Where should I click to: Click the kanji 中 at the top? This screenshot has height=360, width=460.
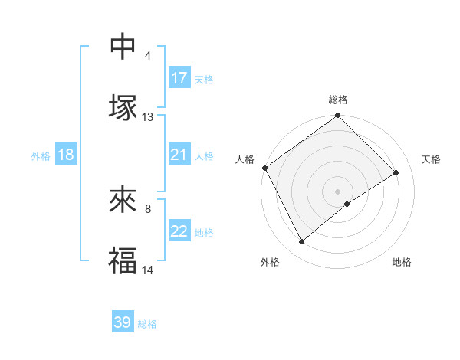click(x=123, y=47)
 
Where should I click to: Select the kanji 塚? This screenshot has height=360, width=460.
click(x=123, y=106)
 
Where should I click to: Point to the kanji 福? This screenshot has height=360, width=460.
click(x=123, y=260)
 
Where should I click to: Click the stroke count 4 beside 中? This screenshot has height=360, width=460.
click(x=147, y=56)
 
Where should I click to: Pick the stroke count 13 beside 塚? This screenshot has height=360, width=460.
click(x=148, y=117)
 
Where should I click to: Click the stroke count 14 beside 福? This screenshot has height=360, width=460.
click(x=148, y=270)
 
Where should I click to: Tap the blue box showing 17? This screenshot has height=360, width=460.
click(x=179, y=78)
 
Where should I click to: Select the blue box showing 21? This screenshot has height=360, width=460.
click(x=179, y=155)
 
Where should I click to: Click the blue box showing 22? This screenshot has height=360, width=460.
click(x=179, y=231)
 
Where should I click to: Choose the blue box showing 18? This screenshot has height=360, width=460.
click(x=66, y=155)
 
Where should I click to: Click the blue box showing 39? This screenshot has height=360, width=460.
click(x=123, y=322)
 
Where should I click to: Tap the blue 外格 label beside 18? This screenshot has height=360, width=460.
click(x=41, y=155)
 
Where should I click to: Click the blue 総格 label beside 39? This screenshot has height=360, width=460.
click(x=147, y=324)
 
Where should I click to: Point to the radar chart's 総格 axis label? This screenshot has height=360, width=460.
click(x=338, y=100)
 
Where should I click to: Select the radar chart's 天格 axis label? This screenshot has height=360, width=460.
click(x=432, y=159)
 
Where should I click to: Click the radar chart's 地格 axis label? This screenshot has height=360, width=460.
click(x=402, y=262)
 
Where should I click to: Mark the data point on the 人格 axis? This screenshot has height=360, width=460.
click(x=265, y=168)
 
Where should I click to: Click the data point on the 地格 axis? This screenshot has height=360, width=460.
click(x=347, y=204)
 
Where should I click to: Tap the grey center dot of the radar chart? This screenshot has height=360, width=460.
click(x=338, y=191)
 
